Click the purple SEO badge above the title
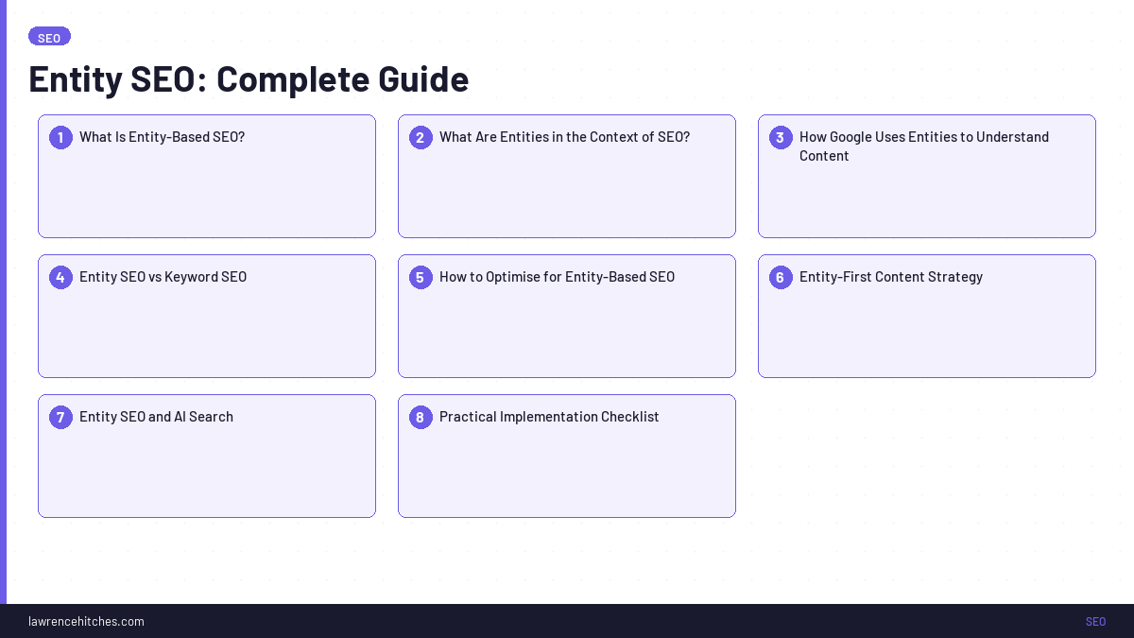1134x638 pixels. (49, 37)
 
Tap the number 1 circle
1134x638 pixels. (60, 137)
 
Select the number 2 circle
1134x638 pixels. (421, 137)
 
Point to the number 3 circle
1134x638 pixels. (781, 137)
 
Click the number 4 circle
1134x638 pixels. (60, 277)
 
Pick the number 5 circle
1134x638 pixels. (421, 277)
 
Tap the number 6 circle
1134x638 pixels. (781, 277)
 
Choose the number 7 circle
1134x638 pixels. (60, 417)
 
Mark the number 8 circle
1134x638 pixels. (421, 417)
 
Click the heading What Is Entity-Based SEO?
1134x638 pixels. (162, 137)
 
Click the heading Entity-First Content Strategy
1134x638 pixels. (890, 277)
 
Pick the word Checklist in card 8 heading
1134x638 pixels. (627, 417)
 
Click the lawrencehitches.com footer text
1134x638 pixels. (86, 621)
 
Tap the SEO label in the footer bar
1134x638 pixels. (1095, 621)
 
